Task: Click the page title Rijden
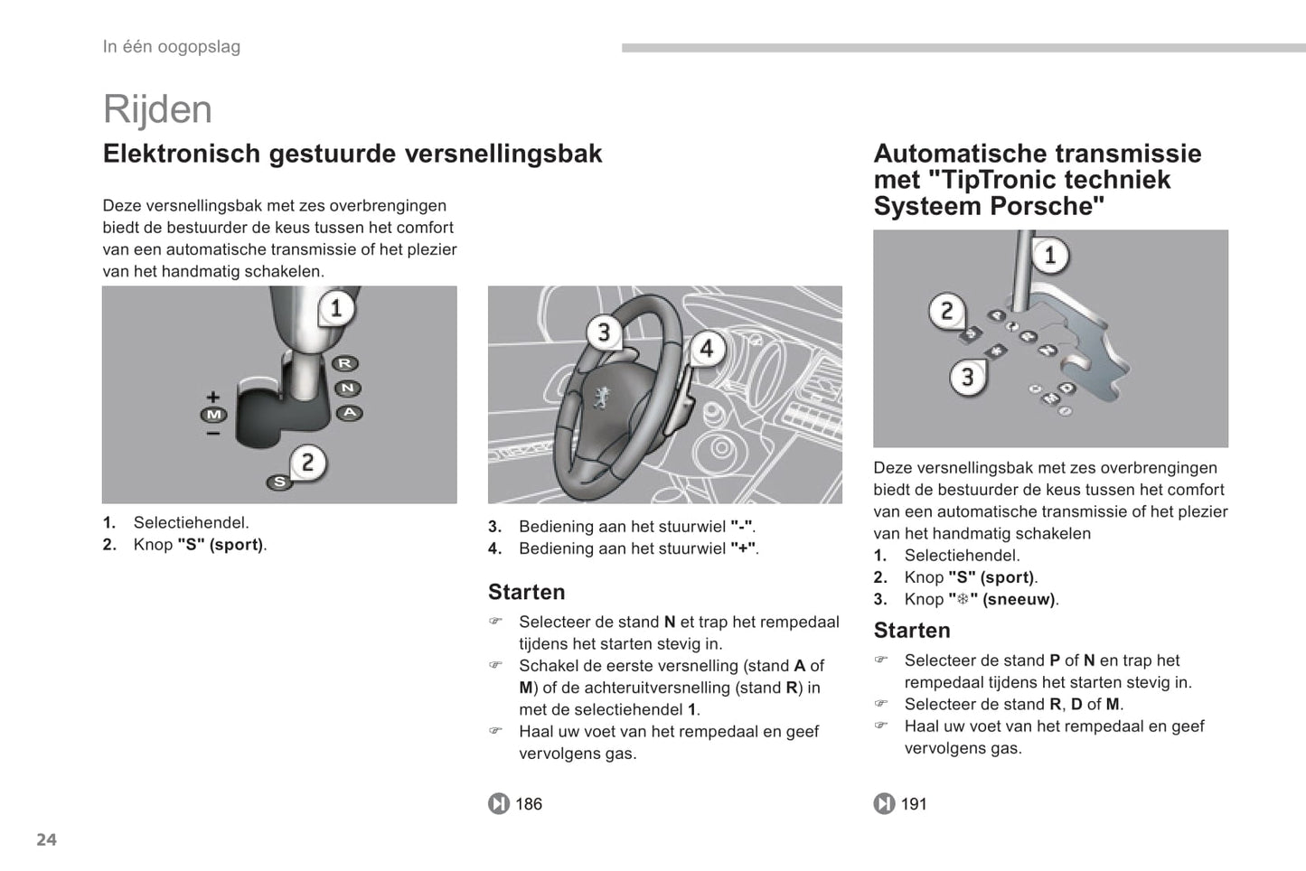click(x=157, y=109)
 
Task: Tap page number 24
click(x=46, y=839)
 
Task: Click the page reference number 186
click(x=529, y=804)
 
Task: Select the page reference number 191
click(x=914, y=804)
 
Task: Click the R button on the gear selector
click(x=344, y=363)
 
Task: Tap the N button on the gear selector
click(x=347, y=389)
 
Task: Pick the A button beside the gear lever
click(x=349, y=413)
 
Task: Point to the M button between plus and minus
click(x=213, y=415)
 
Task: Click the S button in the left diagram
click(x=279, y=482)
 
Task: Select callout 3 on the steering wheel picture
click(x=604, y=332)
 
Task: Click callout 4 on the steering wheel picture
click(x=707, y=349)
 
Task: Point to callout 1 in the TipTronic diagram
click(x=1049, y=256)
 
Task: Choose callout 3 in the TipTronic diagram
click(x=967, y=377)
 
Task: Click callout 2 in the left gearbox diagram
click(x=307, y=463)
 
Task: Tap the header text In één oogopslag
click(x=172, y=47)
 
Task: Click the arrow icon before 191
click(x=884, y=804)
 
